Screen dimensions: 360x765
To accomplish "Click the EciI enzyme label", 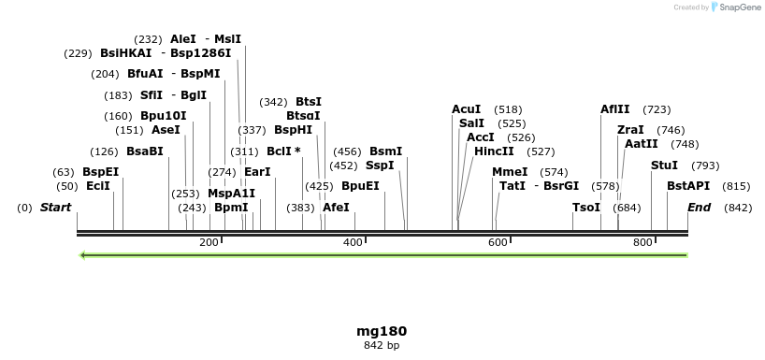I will pos(97,186).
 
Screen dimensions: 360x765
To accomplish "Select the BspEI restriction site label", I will pos(100,172).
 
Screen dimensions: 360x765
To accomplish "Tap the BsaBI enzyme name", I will pos(145,151).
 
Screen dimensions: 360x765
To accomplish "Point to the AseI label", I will pos(166,130).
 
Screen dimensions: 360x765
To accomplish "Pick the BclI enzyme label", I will pos(283,151).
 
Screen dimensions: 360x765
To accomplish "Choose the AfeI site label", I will pos(336,208).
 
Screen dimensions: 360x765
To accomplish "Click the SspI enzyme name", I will pos(380,166).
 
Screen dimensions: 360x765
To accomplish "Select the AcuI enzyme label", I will pos(466,109).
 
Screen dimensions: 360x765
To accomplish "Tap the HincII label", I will pos(494,151).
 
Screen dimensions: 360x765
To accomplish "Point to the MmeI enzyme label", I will pos(510,172).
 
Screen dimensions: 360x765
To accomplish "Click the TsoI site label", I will pos(586,208).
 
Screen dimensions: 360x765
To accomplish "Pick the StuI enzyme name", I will pos(664,166).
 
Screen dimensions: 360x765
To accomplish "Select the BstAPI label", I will pos(688,186).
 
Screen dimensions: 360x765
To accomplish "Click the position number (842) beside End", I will pos(738,208).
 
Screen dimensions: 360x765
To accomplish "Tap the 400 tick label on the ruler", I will pos(354,242).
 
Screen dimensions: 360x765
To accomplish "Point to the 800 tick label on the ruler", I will pos(642,242).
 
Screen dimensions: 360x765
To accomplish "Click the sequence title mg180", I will pos(382,331).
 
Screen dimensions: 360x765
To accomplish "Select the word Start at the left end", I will pos(55,208).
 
